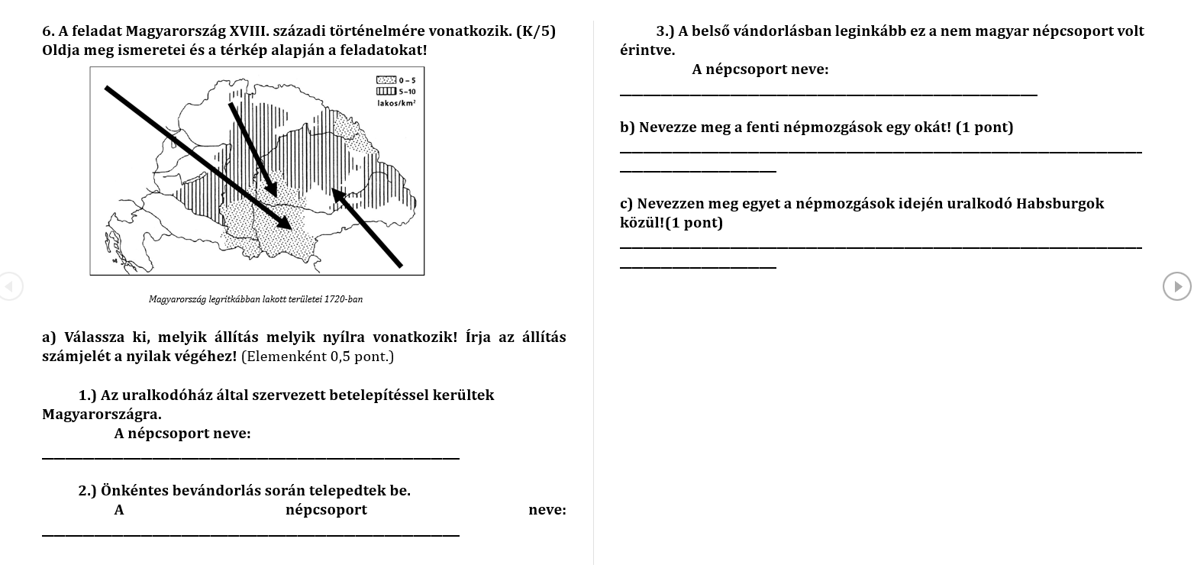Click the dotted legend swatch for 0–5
point(386,80)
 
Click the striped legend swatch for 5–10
point(386,91)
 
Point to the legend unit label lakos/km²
point(396,102)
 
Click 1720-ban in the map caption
point(344,299)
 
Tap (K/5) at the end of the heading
point(536,31)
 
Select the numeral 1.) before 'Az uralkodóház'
point(87,395)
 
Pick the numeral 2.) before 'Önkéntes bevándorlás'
point(87,491)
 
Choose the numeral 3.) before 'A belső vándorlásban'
point(665,31)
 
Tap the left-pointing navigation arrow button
point(9,286)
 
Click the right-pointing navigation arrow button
point(1176,286)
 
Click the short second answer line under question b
point(698,171)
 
